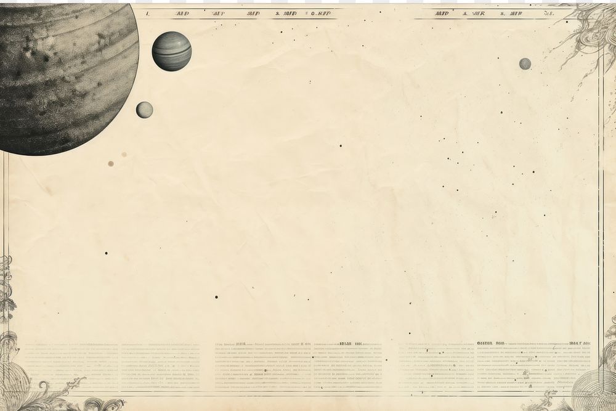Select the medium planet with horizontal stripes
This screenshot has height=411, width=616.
click(171, 51)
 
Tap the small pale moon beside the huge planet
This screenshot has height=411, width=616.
click(144, 110)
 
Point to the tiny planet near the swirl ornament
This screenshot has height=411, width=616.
click(525, 63)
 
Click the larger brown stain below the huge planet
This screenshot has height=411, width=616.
click(111, 164)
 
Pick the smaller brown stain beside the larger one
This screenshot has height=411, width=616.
click(124, 154)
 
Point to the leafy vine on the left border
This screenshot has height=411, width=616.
click(6, 290)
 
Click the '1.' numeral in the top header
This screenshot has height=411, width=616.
click(148, 12)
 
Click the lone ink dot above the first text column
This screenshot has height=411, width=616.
click(106, 253)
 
